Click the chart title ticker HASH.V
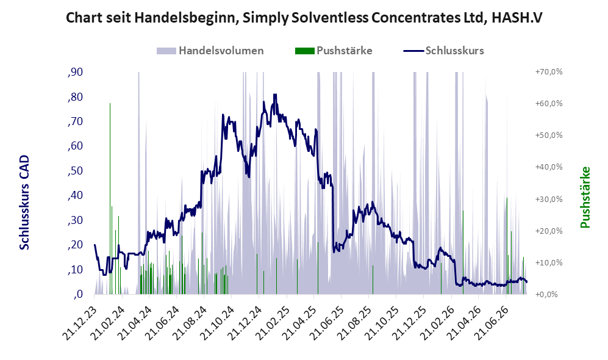pyautogui.click(x=517, y=18)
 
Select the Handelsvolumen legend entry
pyautogui.click(x=210, y=51)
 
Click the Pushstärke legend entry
pyautogui.click(x=334, y=51)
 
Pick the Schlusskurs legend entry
pyautogui.click(x=443, y=51)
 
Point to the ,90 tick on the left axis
pyautogui.click(x=75, y=72)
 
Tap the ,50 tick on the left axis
pyautogui.click(x=75, y=171)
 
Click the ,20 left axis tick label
pyautogui.click(x=75, y=245)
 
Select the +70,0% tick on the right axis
pyautogui.click(x=549, y=72)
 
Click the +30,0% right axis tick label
pyautogui.click(x=549, y=199)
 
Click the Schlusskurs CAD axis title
pyautogui.click(x=24, y=203)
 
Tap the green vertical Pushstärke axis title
pyautogui.click(x=585, y=198)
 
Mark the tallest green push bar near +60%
pyautogui.click(x=110, y=199)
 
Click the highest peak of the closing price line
pyautogui.click(x=275, y=94)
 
